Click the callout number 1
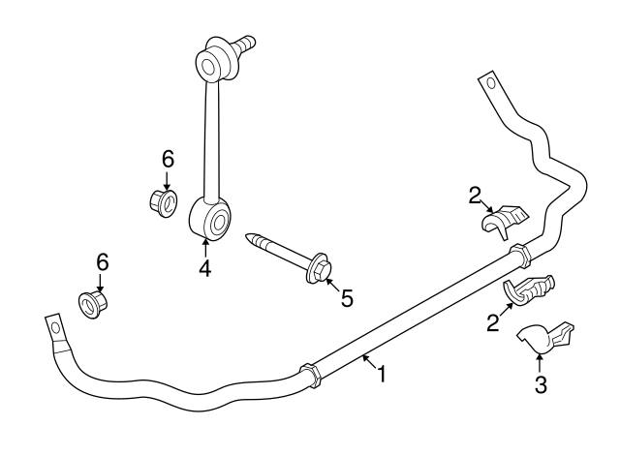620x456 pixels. click(x=382, y=374)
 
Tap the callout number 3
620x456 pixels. click(x=541, y=384)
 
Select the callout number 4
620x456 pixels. click(x=205, y=269)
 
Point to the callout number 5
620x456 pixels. click(x=347, y=298)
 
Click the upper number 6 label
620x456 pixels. click(x=168, y=160)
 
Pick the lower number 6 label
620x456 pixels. click(x=103, y=262)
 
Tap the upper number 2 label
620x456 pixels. click(x=475, y=196)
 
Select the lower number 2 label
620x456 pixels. click(x=493, y=322)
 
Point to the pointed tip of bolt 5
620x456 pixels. click(x=247, y=236)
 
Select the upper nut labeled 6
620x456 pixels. click(x=164, y=202)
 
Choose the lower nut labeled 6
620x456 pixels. click(x=93, y=304)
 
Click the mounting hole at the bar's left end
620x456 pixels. click(x=56, y=328)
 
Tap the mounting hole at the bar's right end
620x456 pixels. click(x=491, y=83)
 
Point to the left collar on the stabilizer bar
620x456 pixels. click(x=311, y=376)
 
